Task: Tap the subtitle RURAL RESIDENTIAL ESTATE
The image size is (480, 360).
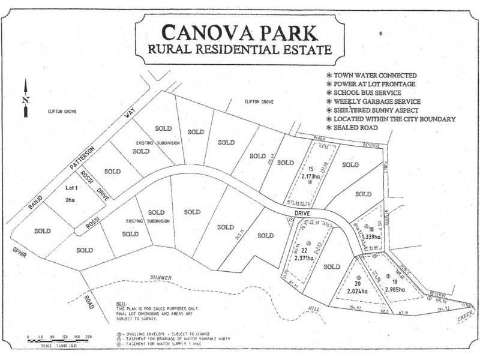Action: (x=239, y=49)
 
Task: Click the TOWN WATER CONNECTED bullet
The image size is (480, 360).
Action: (x=371, y=76)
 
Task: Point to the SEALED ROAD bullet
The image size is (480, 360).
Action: (x=353, y=128)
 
